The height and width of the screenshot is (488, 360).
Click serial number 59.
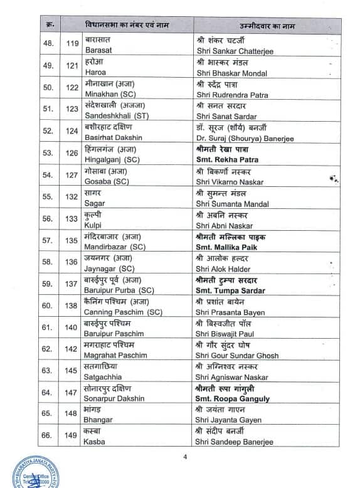point(48,284)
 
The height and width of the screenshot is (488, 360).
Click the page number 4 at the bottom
point(185,456)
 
